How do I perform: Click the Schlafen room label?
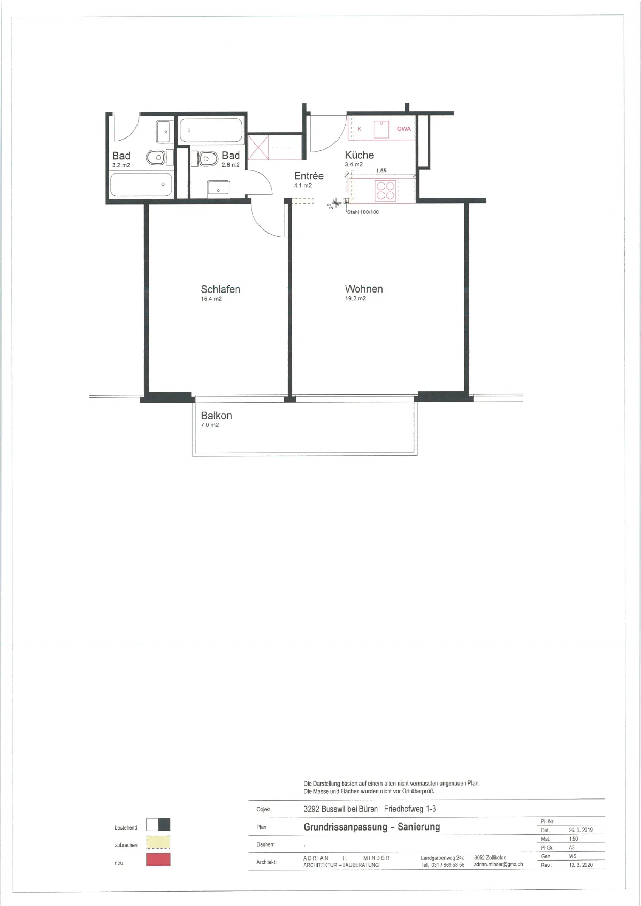(x=220, y=289)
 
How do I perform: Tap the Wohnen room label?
(x=364, y=289)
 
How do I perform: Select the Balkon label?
(x=216, y=416)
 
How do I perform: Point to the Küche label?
(x=359, y=155)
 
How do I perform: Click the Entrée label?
(x=309, y=176)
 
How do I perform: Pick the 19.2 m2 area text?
(x=356, y=299)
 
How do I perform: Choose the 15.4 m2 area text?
(x=211, y=299)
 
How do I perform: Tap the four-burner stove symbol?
(x=386, y=190)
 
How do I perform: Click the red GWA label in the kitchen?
(x=404, y=129)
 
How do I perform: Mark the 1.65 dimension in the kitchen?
(x=381, y=171)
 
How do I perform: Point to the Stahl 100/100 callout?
(x=363, y=212)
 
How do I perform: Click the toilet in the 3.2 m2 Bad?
(x=156, y=157)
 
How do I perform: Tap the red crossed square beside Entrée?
(x=258, y=147)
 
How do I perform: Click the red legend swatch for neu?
(x=158, y=859)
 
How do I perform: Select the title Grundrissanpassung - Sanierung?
(x=372, y=827)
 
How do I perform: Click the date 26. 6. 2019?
(x=581, y=830)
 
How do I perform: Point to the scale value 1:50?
(x=573, y=839)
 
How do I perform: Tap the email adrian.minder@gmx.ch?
(x=498, y=864)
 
